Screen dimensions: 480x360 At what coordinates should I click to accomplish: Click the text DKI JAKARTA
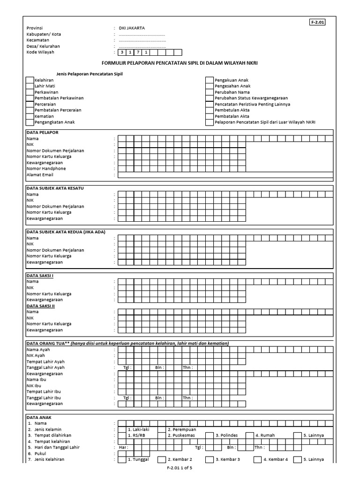coord(132,28)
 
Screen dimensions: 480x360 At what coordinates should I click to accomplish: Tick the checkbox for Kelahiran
coord(30,80)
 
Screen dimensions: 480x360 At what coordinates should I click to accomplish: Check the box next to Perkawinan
coord(30,92)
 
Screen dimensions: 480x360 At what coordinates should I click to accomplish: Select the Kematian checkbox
coord(30,116)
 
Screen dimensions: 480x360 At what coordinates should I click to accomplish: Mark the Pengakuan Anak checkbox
coord(210,80)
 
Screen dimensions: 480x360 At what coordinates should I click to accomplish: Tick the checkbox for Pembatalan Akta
coord(210,116)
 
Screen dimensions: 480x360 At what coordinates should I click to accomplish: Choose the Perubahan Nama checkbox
coord(210,92)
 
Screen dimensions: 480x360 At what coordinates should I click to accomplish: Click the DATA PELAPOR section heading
coord(42,133)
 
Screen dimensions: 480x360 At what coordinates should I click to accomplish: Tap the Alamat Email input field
coord(225,175)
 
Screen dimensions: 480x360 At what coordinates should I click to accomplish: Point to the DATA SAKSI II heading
coord(41,306)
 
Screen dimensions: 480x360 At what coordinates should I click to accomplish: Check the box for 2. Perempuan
coord(161,429)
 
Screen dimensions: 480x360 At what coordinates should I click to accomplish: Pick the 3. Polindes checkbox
coord(210,435)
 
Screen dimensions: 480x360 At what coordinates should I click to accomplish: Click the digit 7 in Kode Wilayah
coord(138,52)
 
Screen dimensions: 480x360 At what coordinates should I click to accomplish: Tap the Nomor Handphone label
coord(46,169)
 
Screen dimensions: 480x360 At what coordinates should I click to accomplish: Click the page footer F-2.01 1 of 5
coord(180,468)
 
